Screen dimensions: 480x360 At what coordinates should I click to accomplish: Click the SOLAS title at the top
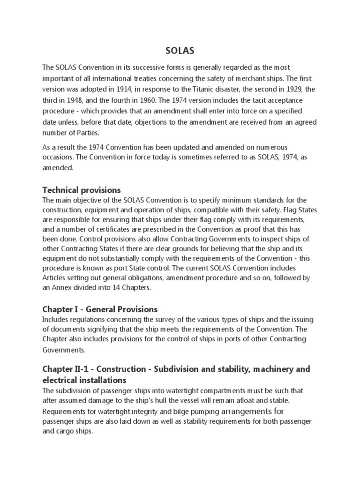coord(180,51)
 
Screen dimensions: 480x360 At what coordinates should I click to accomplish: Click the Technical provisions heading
coord(82,190)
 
